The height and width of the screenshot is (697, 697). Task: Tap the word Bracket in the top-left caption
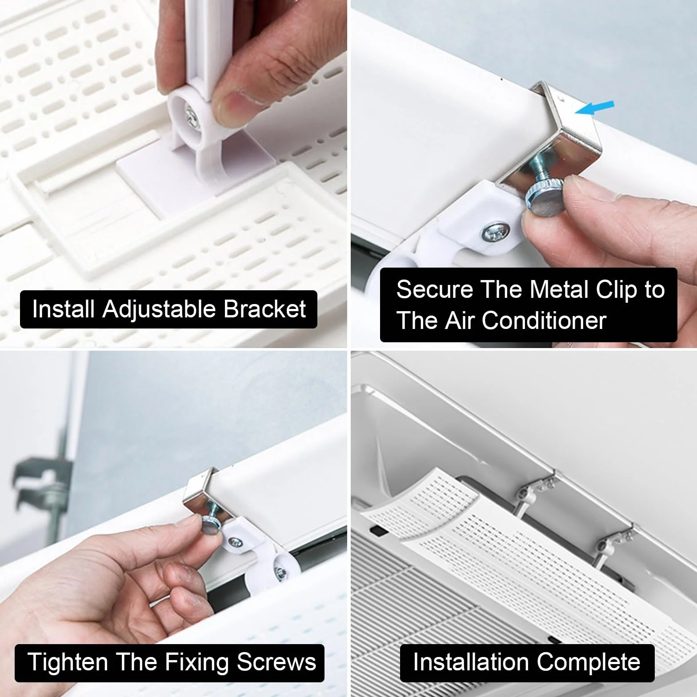click(x=264, y=309)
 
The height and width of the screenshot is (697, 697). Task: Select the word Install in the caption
click(x=64, y=309)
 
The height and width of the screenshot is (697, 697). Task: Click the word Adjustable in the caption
click(x=160, y=310)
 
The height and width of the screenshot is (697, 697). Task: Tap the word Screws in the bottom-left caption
click(x=276, y=662)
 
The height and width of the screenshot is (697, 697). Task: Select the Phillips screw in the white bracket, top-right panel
click(x=494, y=232)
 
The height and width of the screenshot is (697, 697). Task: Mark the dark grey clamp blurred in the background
click(x=42, y=485)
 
